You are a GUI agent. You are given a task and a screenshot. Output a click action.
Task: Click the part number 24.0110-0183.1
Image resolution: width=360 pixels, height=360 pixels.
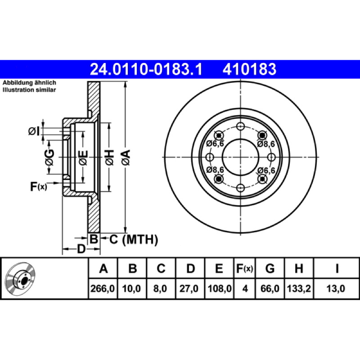click(x=146, y=69)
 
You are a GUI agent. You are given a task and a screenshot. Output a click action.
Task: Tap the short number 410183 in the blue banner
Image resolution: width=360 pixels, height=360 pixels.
click(x=249, y=69)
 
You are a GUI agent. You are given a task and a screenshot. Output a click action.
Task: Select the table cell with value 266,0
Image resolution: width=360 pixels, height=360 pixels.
click(x=103, y=288)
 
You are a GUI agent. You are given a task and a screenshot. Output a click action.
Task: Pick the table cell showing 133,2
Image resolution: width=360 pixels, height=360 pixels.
click(x=299, y=288)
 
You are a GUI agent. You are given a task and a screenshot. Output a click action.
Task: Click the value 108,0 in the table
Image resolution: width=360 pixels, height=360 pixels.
click(x=220, y=288)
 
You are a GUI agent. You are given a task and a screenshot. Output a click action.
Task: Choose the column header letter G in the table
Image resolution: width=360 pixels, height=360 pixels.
click(x=270, y=268)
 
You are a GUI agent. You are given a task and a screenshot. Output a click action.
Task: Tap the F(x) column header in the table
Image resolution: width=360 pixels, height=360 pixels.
click(x=245, y=268)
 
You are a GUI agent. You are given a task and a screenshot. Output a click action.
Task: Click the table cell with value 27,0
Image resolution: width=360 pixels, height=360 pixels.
click(x=189, y=288)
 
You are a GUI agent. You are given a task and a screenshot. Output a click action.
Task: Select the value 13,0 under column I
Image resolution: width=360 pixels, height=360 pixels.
click(x=336, y=288)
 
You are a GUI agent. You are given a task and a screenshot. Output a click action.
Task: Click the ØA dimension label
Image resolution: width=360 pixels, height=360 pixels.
click(x=126, y=157)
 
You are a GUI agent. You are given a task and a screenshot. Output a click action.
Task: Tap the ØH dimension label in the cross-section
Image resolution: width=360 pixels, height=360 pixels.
click(x=109, y=157)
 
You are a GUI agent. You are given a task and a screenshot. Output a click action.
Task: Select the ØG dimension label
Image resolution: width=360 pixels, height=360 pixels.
click(x=49, y=157)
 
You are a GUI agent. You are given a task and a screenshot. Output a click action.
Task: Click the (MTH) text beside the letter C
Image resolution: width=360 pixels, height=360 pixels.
click(x=140, y=240)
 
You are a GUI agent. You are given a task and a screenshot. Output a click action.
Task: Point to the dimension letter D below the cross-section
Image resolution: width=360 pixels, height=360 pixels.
click(x=81, y=249)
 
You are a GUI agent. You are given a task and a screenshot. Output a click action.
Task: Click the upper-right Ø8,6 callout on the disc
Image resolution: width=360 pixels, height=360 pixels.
click(x=266, y=144)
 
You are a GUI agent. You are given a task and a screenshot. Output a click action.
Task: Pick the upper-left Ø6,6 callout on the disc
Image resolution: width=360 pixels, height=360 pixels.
click(x=215, y=144)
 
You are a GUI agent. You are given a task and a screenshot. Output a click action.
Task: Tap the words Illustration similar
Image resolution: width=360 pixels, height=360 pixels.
click(x=29, y=90)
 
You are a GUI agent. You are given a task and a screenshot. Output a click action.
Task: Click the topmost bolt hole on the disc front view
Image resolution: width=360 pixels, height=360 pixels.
click(x=241, y=126)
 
